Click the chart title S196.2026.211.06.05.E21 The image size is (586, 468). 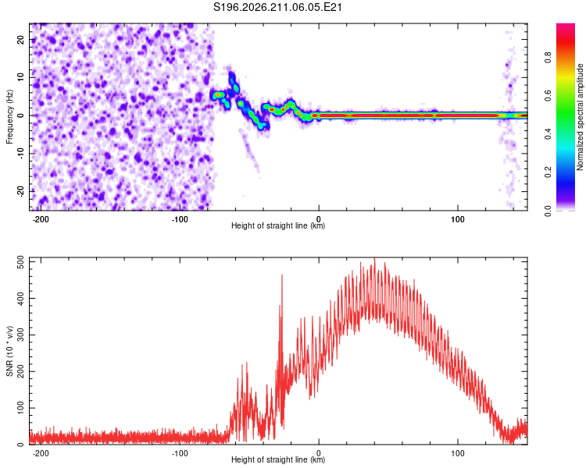[277, 7]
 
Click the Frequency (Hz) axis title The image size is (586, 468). [9, 116]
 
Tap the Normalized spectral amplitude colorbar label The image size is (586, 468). [580, 116]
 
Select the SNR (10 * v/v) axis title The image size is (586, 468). [9, 351]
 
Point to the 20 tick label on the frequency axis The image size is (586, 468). [20, 40]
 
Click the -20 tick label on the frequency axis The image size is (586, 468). [20, 191]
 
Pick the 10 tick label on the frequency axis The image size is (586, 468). [20, 78]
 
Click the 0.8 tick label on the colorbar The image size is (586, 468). [548, 58]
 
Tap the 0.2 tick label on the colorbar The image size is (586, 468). [548, 172]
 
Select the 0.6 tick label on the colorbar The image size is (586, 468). [548, 96]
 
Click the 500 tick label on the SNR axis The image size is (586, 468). [20, 262]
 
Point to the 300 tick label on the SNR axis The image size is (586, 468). [20, 335]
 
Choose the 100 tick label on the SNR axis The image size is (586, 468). [20, 408]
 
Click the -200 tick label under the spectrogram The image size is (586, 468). [41, 219]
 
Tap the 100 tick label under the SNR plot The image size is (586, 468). [457, 453]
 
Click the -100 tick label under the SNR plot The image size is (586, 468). [180, 453]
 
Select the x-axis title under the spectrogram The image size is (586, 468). [278, 225]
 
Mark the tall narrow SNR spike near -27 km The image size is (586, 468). [282, 275]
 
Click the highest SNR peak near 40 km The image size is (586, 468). [374, 258]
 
